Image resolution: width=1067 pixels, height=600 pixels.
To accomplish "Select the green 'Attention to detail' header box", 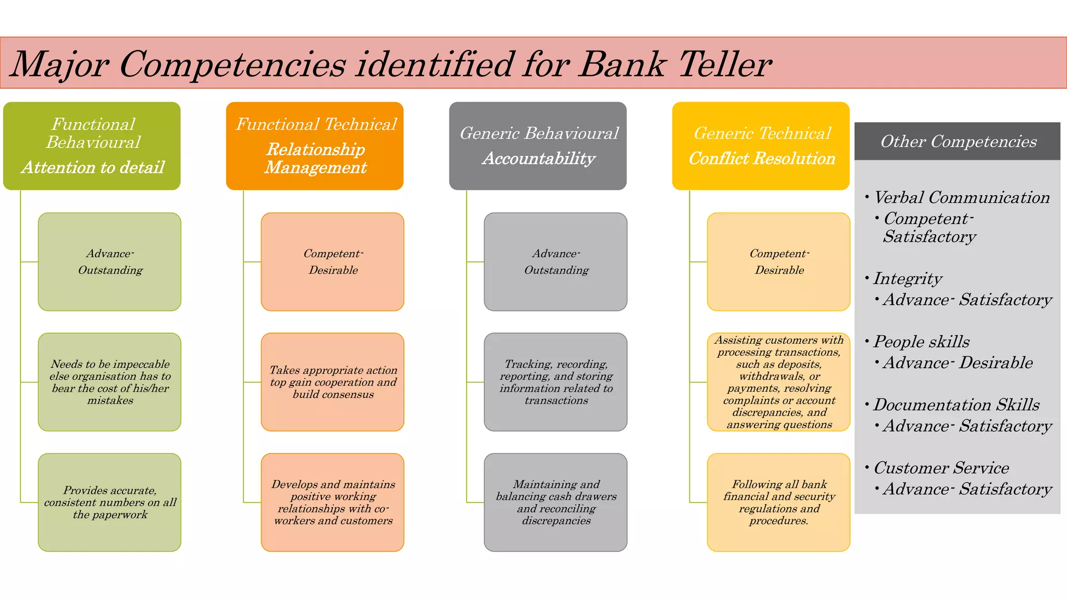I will pyautogui.click(x=92, y=146).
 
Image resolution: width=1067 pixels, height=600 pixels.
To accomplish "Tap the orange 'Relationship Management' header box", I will pyautogui.click(x=315, y=146).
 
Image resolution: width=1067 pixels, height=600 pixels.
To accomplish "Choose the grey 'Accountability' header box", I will pyautogui.click(x=538, y=146).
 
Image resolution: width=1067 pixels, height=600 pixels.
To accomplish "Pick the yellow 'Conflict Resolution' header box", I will pyautogui.click(x=761, y=146).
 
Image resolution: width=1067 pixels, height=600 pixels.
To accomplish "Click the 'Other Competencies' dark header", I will pyautogui.click(x=958, y=141).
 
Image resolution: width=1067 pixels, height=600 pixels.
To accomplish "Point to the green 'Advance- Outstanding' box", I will pyautogui.click(x=109, y=261).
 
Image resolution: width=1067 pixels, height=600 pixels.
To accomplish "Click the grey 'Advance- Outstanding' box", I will pyautogui.click(x=555, y=261).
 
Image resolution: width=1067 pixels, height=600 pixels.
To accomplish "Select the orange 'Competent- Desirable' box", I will pyautogui.click(x=332, y=261).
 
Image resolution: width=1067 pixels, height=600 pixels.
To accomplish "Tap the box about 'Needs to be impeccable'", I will pyautogui.click(x=109, y=382).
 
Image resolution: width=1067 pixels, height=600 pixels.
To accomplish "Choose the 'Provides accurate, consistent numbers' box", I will pyautogui.click(x=109, y=502).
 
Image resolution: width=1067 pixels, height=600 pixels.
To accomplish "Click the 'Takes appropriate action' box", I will pyautogui.click(x=332, y=382).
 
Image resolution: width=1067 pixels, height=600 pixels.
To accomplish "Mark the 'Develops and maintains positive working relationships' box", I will pyautogui.click(x=332, y=502).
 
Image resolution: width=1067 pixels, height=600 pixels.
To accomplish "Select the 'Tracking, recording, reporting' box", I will pyautogui.click(x=555, y=382).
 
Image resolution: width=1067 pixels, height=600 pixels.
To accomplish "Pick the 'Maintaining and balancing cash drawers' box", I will pyautogui.click(x=555, y=502).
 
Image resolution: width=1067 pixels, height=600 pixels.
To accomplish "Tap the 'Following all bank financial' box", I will pyautogui.click(x=778, y=502).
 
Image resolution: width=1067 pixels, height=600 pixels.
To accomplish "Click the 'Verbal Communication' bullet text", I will pyautogui.click(x=961, y=197).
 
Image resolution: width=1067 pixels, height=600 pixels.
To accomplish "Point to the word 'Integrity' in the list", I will pyautogui.click(x=908, y=279).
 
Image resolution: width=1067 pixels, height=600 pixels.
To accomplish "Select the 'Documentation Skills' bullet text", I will pyautogui.click(x=956, y=405).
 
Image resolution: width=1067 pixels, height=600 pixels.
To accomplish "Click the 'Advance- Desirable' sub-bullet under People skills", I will pyautogui.click(x=958, y=362).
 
